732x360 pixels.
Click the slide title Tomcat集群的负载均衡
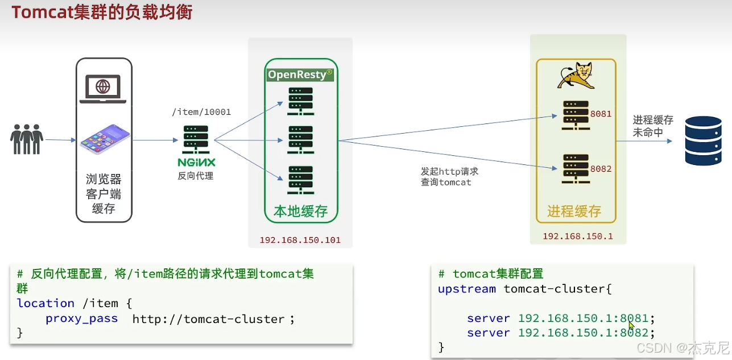click(102, 13)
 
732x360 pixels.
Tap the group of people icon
click(27, 139)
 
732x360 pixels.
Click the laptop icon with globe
click(103, 88)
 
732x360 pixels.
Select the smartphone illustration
click(105, 139)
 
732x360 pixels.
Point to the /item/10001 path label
click(201, 112)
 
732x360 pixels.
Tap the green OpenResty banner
click(300, 75)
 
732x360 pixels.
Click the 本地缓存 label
click(301, 212)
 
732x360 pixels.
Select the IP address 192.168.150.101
click(300, 240)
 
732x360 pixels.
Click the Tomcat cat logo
click(576, 76)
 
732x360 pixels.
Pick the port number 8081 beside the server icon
click(601, 114)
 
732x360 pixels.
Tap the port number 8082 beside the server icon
click(601, 169)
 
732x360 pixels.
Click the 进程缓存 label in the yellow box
click(574, 212)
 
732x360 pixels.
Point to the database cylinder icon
click(703, 139)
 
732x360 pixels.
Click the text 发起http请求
click(449, 171)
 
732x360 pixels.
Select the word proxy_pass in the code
click(82, 319)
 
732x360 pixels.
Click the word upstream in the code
click(467, 289)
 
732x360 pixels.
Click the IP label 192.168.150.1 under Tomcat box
click(577, 236)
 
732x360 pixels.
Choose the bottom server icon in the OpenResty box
click(301, 180)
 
